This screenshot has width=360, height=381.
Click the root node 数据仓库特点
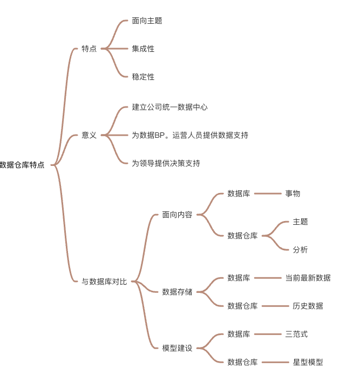point(22,165)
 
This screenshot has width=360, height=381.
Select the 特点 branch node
point(89,49)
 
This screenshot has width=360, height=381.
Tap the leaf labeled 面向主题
point(147,21)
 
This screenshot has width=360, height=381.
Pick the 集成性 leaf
point(143,49)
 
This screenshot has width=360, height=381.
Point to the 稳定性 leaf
point(143,77)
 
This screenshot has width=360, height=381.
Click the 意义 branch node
point(89,135)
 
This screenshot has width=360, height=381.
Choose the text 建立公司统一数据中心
point(170,107)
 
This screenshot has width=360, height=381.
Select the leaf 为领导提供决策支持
point(166,163)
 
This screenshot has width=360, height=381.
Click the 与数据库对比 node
point(104,282)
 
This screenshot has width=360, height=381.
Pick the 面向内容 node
point(177,215)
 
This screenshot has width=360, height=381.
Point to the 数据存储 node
point(177,292)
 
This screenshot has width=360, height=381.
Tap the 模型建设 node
point(177,348)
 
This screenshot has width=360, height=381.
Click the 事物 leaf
point(293,193)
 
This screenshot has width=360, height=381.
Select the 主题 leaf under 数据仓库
point(300,222)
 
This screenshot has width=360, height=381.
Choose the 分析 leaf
point(300,250)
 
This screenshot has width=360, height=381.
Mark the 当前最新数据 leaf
point(308,278)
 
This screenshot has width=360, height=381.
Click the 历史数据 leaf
point(308,306)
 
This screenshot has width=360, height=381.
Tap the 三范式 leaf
point(296,334)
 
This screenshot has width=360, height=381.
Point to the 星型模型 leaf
point(308,362)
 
